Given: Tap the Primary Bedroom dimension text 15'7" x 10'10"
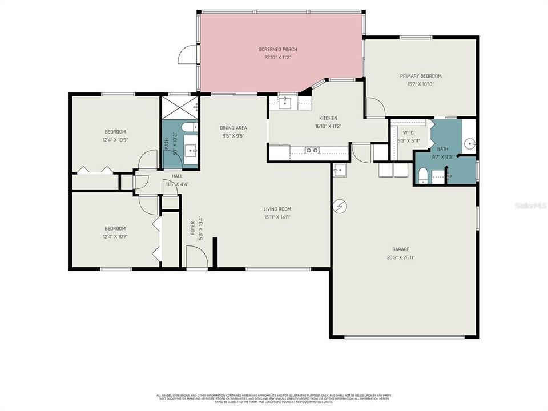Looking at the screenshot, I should [420, 84].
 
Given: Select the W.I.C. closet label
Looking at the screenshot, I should [408, 134].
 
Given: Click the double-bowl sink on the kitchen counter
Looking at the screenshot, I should [312, 151].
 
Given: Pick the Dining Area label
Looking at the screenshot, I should [233, 128].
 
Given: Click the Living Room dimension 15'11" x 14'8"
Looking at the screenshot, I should [277, 217].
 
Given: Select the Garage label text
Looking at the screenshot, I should [401, 249].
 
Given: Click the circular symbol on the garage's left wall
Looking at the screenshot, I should [340, 205].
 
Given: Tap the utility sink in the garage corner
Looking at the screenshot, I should [340, 170].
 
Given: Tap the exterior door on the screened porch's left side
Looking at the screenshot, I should [187, 55].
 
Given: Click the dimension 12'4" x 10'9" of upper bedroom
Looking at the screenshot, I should [115, 140].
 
